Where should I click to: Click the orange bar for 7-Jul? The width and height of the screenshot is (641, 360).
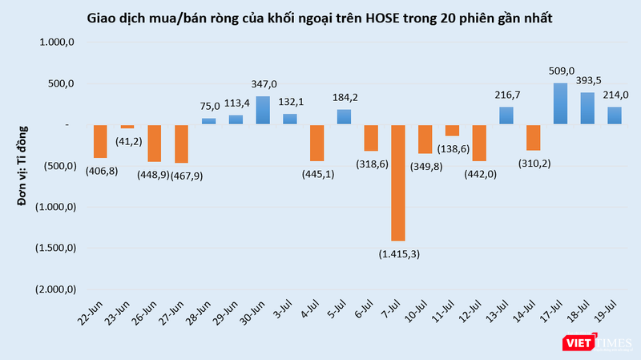(398, 182)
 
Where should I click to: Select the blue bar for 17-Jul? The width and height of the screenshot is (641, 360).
(561, 103)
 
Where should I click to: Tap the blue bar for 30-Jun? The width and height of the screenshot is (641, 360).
(262, 110)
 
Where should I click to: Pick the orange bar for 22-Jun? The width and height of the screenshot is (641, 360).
(99, 141)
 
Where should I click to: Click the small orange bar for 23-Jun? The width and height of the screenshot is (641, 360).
(127, 127)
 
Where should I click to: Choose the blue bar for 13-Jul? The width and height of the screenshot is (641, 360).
(506, 115)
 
